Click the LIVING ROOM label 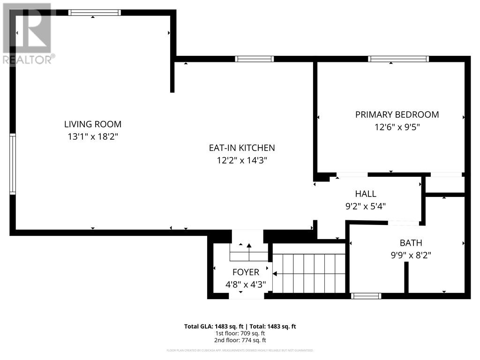tap(93, 124)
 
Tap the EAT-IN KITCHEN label tap(242, 148)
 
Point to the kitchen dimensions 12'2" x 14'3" tap(242, 160)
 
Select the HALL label tap(366, 194)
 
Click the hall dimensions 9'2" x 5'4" tap(366, 206)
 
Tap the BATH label tap(411, 243)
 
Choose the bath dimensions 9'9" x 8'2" tap(411, 255)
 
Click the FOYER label tap(246, 272)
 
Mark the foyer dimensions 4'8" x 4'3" tap(246, 284)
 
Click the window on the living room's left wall tap(13, 164)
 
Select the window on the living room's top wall tap(95, 13)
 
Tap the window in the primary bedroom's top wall tap(398, 59)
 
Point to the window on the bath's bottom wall tap(366, 296)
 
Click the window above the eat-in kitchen tap(254, 59)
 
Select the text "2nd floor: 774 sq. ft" tap(240, 340)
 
